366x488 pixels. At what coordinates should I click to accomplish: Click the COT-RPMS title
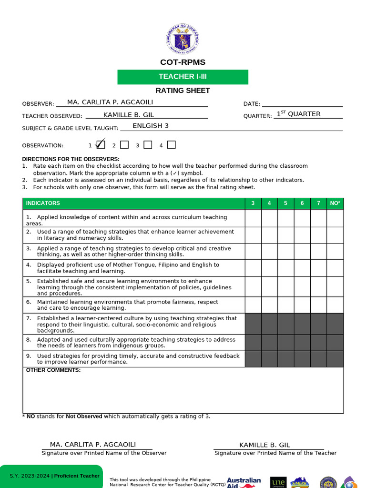[183, 62]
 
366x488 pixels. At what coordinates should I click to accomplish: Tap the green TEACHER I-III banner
[183, 77]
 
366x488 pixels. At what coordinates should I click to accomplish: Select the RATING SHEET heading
[183, 91]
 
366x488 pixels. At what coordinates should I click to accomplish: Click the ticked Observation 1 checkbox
[100, 144]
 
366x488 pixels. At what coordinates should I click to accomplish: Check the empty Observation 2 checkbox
[124, 145]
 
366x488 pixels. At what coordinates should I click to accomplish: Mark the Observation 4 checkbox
[172, 145]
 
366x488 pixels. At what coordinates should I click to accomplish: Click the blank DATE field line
[302, 103]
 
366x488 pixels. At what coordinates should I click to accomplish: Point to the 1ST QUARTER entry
[299, 114]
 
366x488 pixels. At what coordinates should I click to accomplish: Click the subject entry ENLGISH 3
[151, 126]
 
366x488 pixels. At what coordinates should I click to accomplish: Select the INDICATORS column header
[43, 203]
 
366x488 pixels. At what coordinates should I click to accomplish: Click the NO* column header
[335, 203]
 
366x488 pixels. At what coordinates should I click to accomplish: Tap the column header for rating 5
[285, 203]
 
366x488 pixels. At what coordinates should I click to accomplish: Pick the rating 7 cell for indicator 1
[318, 218]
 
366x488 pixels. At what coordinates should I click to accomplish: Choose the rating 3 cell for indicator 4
[253, 268]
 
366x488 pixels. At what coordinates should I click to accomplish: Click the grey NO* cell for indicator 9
[335, 359]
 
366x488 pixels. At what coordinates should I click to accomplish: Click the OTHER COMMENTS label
[53, 370]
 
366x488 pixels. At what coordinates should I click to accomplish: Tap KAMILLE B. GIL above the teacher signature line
[264, 445]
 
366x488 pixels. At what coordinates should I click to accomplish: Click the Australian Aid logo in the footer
[244, 482]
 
